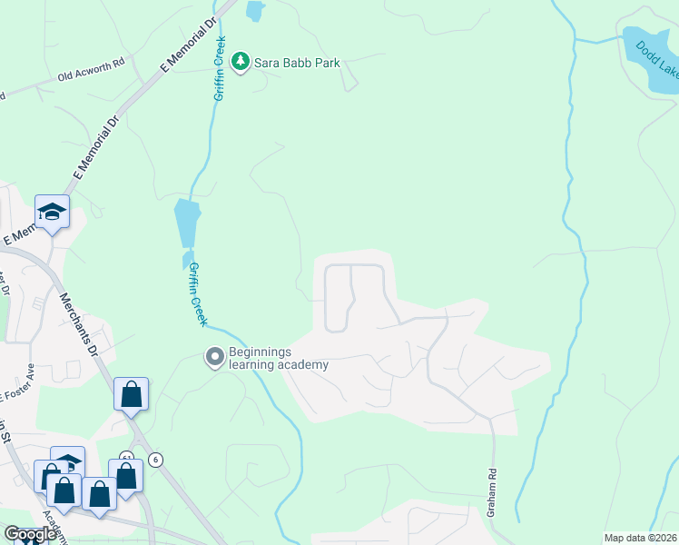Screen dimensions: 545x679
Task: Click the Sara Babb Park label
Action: tap(298, 63)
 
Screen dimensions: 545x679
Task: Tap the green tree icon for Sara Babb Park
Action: tap(241, 62)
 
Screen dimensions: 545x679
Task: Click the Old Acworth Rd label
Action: tap(90, 77)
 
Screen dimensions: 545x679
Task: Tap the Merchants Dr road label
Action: tap(80, 323)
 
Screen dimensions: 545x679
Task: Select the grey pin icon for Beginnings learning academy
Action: tap(215, 357)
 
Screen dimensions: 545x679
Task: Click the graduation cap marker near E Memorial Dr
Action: tap(52, 213)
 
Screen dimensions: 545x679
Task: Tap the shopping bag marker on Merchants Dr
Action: tap(131, 394)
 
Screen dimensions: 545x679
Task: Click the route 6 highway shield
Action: tap(156, 460)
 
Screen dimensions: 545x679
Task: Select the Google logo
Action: tap(30, 534)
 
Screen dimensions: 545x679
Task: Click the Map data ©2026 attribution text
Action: tap(640, 538)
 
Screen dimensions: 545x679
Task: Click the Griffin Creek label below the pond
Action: tap(198, 294)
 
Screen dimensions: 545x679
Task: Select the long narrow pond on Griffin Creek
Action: tap(186, 223)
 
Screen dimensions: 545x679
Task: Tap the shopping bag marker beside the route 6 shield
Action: tap(125, 475)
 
